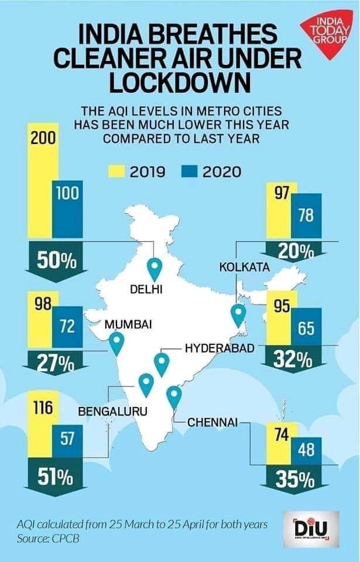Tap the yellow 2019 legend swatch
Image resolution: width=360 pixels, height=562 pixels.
[x=116, y=172]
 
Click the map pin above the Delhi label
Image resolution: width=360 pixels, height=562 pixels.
[x=155, y=269]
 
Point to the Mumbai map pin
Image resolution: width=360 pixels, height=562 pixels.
[x=116, y=343]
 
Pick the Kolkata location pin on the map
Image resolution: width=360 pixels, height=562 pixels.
[x=238, y=315]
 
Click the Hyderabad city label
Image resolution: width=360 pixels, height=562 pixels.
[x=220, y=348]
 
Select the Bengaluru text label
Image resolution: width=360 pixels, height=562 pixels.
[x=112, y=412]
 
